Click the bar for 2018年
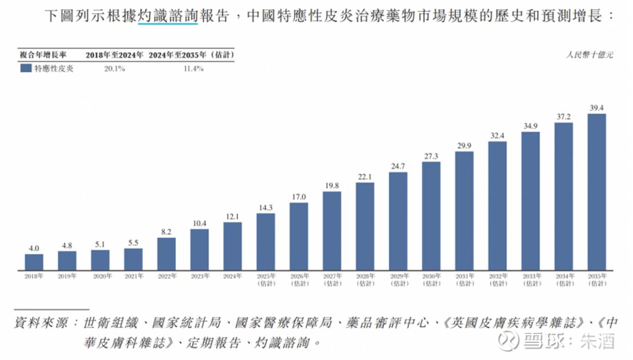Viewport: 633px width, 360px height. click(x=34, y=262)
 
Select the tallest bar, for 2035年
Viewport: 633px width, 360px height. click(x=596, y=191)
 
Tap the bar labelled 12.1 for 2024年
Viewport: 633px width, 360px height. click(x=232, y=246)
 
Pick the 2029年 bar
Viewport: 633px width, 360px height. click(x=398, y=221)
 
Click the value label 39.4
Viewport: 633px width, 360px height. click(x=596, y=107)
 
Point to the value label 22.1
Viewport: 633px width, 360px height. click(x=365, y=176)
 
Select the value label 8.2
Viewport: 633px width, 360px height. click(x=166, y=231)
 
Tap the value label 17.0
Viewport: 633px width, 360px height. click(x=298, y=197)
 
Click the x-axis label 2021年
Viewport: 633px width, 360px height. click(x=133, y=276)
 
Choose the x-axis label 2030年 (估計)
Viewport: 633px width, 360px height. click(x=431, y=279)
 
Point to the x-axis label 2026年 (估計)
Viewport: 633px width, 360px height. click(x=298, y=279)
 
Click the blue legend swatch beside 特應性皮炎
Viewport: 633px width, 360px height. click(x=25, y=68)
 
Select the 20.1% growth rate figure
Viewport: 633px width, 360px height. click(x=114, y=69)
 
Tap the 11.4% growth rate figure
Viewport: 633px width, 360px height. click(x=193, y=69)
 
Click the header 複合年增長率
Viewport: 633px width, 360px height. click(x=44, y=55)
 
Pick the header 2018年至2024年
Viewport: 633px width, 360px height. click(x=114, y=55)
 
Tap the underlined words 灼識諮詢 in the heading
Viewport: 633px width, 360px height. click(x=168, y=17)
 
